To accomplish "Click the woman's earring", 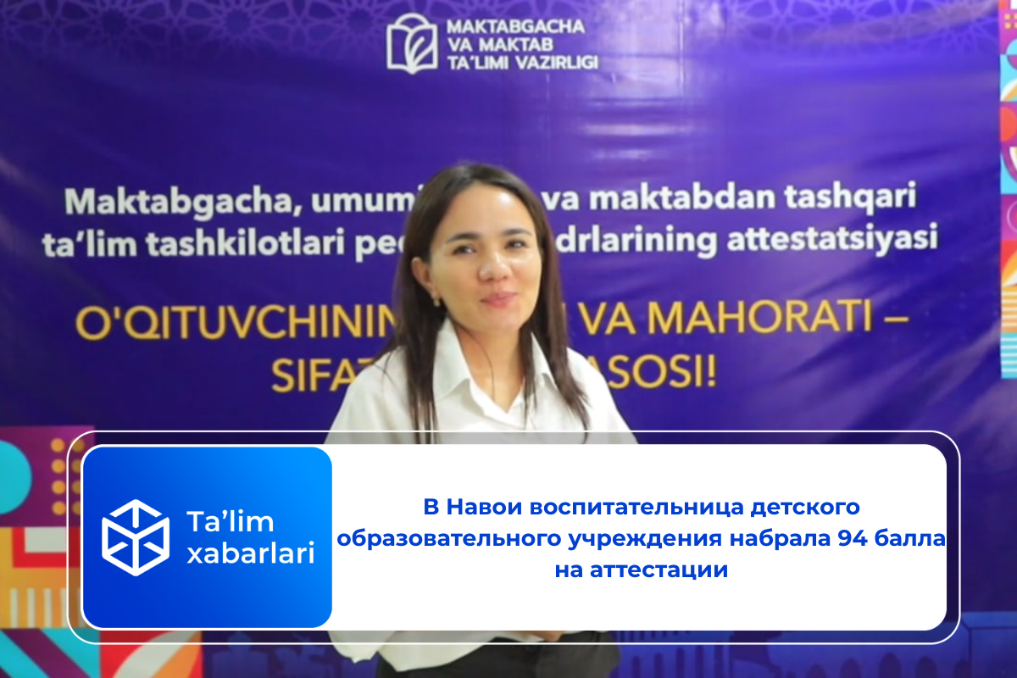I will (x=438, y=300).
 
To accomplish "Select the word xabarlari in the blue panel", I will (x=250, y=555).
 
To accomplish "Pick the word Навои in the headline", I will (x=486, y=508).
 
